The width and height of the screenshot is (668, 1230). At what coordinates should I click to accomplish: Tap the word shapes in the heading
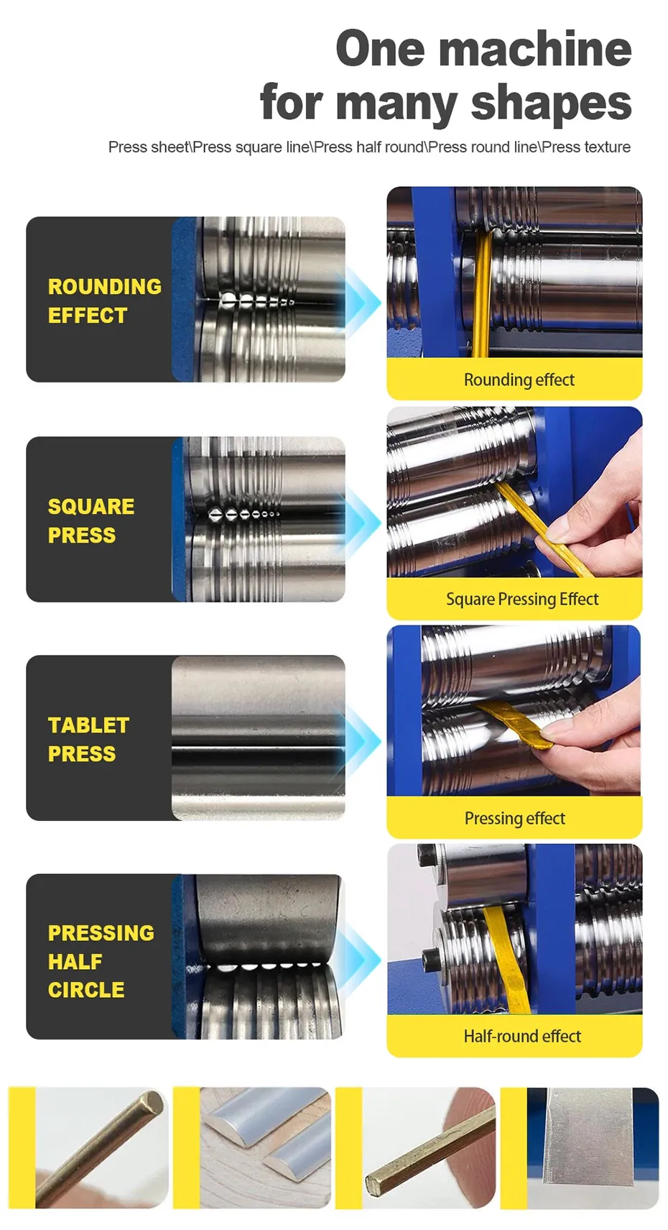[x=551, y=102]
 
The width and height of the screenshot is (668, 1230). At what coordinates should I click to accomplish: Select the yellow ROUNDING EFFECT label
[x=104, y=300]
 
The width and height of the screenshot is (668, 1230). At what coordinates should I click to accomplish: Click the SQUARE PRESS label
[x=91, y=520]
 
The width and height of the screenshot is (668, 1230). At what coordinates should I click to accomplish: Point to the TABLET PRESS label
[x=88, y=739]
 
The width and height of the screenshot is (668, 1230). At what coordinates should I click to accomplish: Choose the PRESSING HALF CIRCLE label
[x=101, y=961]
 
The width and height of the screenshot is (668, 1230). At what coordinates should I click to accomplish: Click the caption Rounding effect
[x=519, y=380]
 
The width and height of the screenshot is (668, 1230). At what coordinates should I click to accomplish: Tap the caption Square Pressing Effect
[x=522, y=599]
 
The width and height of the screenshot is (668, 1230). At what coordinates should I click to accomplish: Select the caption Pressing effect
[x=514, y=818]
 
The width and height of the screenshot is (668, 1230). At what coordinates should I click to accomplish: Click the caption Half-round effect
[x=522, y=1036]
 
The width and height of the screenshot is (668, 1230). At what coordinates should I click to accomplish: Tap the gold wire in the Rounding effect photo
[x=483, y=294]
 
